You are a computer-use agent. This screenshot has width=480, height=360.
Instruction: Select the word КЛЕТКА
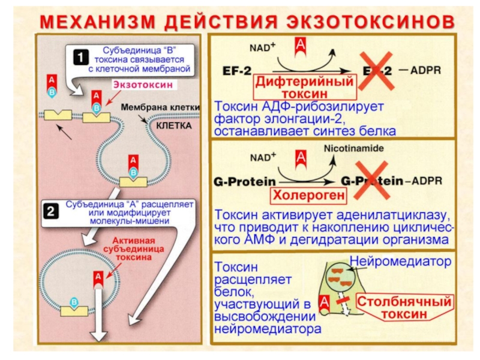click(174, 127)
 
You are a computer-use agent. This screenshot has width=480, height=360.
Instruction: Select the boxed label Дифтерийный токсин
click(304, 88)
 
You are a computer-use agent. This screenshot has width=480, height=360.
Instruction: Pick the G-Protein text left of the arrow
click(244, 180)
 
